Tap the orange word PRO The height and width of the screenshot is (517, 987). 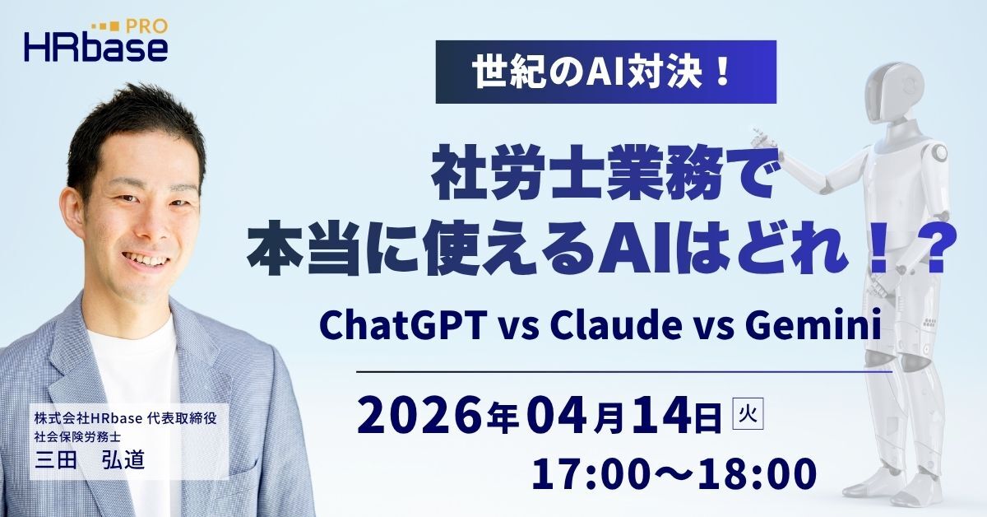[x=146, y=26]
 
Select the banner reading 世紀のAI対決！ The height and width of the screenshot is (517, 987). [x=606, y=72]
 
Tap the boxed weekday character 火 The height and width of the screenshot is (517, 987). [x=748, y=413]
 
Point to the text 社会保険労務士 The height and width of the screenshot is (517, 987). [x=77, y=436]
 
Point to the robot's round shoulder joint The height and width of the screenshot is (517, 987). [x=938, y=152]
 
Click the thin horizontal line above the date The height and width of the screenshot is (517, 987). [x=624, y=372]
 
